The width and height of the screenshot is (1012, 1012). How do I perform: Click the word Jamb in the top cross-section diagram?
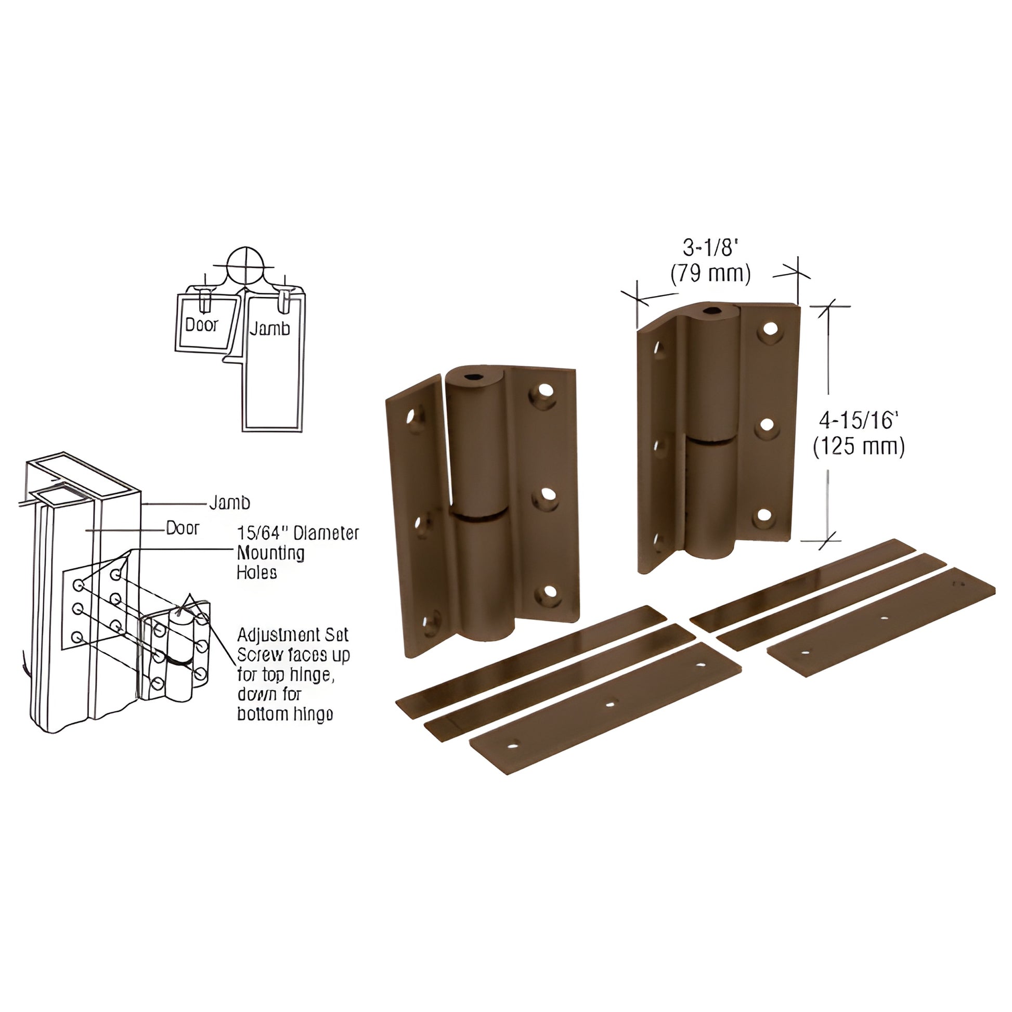[x=269, y=329]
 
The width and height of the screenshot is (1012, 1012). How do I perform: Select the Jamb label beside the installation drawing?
[x=229, y=503]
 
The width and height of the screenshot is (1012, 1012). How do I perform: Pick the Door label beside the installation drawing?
[x=183, y=528]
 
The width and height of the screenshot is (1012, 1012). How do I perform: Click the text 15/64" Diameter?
[x=297, y=533]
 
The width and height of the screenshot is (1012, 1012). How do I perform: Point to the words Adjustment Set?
[x=292, y=635]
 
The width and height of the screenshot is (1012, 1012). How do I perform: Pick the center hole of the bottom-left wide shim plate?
[x=609, y=704]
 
